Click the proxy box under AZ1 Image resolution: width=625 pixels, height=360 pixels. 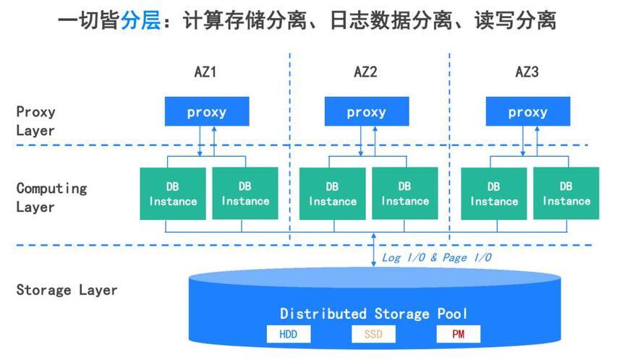(207, 112)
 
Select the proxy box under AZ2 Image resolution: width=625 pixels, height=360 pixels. (366, 112)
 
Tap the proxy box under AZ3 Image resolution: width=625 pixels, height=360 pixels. (527, 112)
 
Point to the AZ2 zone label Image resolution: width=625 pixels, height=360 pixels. (365, 72)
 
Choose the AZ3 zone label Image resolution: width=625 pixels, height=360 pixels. (527, 72)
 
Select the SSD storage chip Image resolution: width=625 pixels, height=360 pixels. (373, 335)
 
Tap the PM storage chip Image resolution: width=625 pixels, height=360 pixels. (458, 335)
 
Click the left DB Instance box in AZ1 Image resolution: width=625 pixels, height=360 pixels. (173, 194)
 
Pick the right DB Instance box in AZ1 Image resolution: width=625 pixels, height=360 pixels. (245, 194)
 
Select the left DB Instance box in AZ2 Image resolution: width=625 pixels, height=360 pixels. (332, 194)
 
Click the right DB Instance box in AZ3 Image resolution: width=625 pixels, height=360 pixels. (566, 194)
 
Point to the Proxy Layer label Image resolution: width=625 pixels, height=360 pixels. (36, 121)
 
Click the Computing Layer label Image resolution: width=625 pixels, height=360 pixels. (51, 197)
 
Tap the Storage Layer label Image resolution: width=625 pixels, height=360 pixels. (67, 291)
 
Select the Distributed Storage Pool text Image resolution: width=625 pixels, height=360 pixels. (373, 314)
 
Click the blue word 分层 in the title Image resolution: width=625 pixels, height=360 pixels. (140, 20)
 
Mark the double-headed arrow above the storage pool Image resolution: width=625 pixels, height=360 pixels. (373, 249)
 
